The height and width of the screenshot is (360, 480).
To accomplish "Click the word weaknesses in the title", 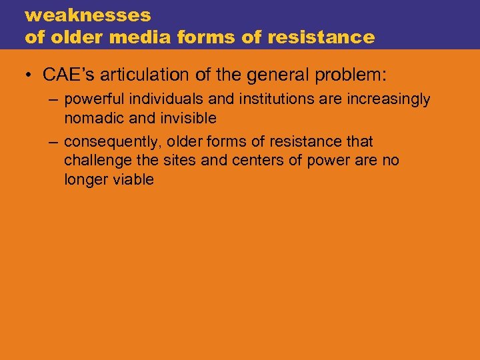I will [88, 15].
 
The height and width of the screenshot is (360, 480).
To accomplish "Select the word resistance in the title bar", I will [321, 37].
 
